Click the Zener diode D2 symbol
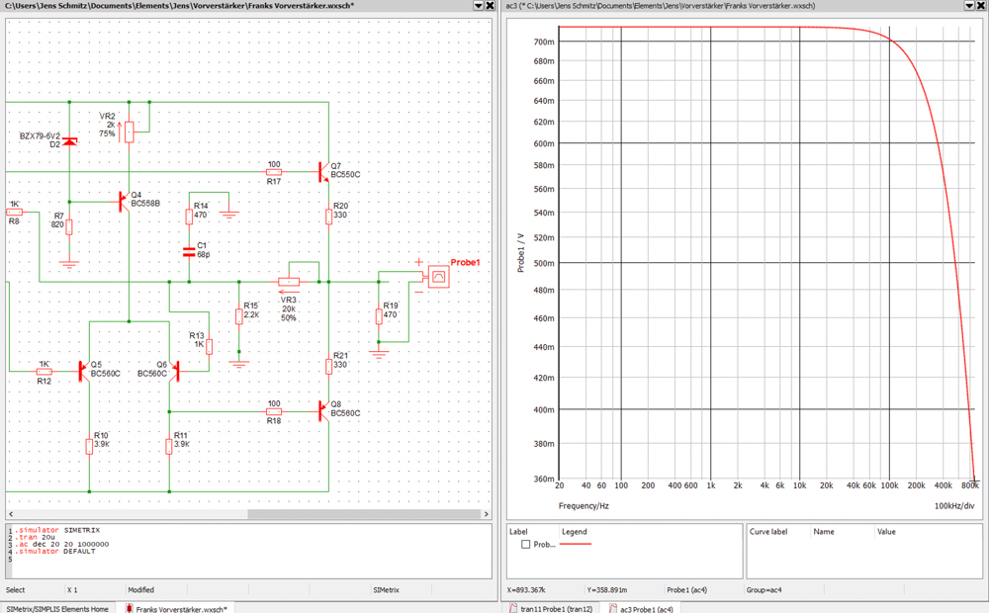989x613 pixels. pos(69,142)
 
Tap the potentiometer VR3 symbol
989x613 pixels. pos(289,282)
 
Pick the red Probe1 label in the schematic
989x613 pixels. pos(465,262)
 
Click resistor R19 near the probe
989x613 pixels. pos(379,316)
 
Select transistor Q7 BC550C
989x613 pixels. pos(324,171)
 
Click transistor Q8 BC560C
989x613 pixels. pos(324,410)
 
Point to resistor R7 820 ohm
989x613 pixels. pos(69,227)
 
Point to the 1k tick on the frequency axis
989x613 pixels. pos(709,485)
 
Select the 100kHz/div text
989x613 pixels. pos(954,505)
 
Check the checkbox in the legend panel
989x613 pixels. pos(525,545)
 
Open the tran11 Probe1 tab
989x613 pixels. pos(556,607)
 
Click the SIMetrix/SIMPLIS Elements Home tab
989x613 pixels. pos(56,608)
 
